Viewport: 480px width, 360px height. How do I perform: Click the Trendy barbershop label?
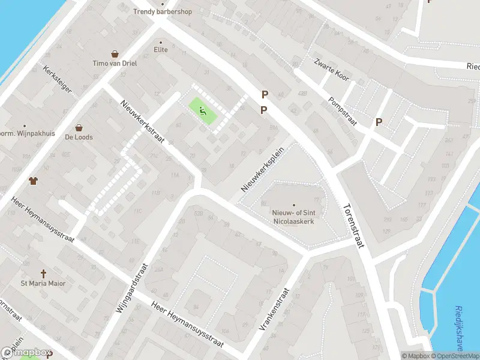162,11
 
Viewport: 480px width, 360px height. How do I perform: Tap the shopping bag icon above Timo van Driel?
114,54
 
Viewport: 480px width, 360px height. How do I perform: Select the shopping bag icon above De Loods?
79,127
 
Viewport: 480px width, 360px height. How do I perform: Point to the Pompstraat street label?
343,112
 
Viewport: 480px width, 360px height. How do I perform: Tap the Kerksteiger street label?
58,79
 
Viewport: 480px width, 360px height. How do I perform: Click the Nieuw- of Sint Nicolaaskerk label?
294,217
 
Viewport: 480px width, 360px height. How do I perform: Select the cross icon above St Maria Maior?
43,273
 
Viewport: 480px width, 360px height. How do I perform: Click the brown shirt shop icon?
33,180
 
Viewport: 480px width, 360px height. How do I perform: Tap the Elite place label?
161,49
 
